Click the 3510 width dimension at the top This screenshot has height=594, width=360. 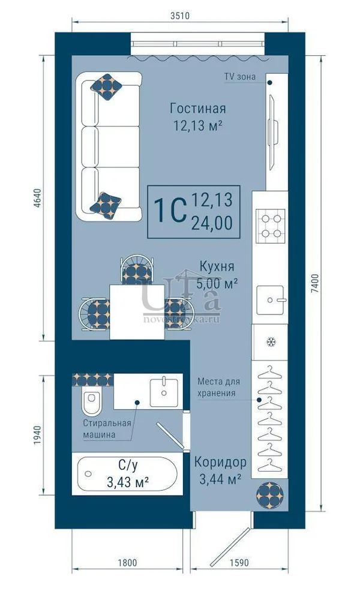tap(179, 16)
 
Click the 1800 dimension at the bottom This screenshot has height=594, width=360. tap(127, 563)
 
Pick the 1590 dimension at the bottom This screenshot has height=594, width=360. tap(239, 563)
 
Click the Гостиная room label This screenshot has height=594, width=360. tap(198, 109)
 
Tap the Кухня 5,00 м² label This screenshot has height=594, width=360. tap(217, 275)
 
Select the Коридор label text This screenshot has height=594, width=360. tap(220, 462)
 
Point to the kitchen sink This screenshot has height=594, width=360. tap(270, 300)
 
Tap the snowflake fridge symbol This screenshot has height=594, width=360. tap(270, 342)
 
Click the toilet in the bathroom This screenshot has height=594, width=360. tap(91, 401)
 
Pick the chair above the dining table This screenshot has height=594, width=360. tap(137, 269)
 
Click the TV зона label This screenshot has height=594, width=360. tap(240, 77)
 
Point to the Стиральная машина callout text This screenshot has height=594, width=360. tap(107, 429)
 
